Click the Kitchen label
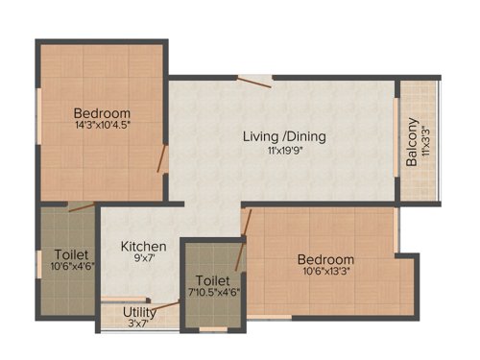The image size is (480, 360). [143, 247]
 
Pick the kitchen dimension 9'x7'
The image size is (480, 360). [143, 259]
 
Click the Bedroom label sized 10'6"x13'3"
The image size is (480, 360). [324, 259]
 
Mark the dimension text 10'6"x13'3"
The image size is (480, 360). [324, 272]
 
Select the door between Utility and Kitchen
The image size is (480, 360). [168, 306]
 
